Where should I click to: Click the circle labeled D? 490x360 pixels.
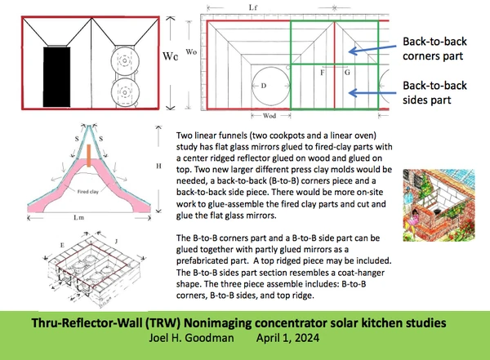click(264, 85)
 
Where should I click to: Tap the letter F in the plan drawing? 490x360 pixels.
click(323, 73)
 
